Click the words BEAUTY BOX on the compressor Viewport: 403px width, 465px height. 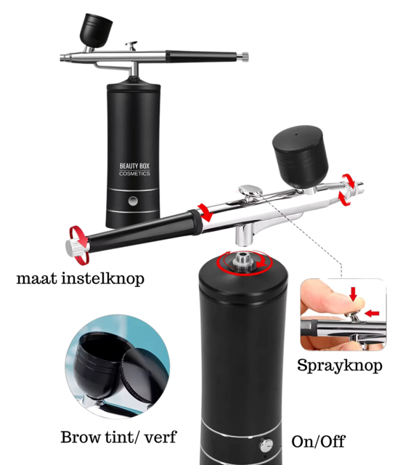(135, 166)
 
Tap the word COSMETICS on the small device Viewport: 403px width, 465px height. (135, 174)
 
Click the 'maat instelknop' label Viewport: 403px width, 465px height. (80, 278)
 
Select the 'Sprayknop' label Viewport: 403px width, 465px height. (339, 365)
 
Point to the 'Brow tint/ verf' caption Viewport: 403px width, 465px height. (118, 437)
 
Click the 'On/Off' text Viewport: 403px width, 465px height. (318, 441)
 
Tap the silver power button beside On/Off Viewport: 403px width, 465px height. (267, 445)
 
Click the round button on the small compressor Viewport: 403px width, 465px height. (134, 201)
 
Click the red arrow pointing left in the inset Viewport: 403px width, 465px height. (372, 313)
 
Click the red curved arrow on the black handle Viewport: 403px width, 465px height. (205, 214)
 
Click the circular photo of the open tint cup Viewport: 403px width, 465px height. (116, 366)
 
